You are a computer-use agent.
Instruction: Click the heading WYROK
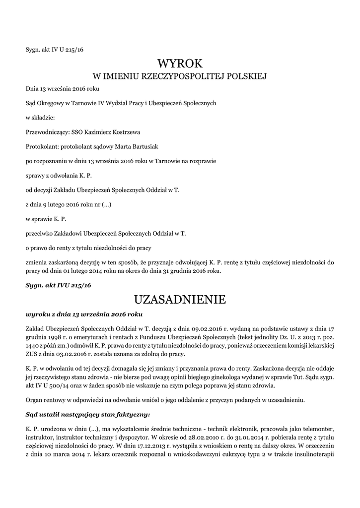point(180,63)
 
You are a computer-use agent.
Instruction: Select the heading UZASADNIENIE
point(180,300)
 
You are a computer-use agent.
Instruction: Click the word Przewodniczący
point(48,132)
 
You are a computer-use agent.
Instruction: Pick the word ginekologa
point(213,378)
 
